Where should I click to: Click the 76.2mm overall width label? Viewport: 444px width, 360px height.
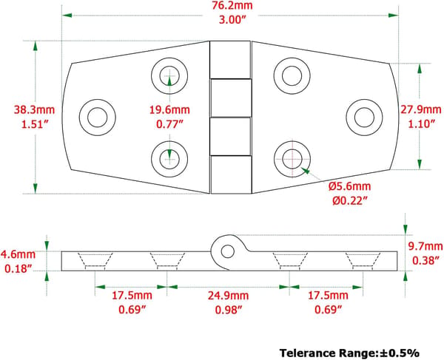click(x=232, y=5)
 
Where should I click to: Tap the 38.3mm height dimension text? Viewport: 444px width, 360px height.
click(x=34, y=109)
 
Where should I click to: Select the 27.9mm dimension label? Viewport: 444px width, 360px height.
click(x=421, y=109)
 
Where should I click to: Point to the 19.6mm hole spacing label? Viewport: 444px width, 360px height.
click(x=169, y=109)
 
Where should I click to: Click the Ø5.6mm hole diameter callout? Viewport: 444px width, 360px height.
click(x=350, y=186)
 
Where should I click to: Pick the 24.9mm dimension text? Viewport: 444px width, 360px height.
click(x=228, y=296)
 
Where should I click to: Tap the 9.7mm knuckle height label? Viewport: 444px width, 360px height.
click(x=425, y=246)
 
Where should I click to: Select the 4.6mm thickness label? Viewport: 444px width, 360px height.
click(x=18, y=254)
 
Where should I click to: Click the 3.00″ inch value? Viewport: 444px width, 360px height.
click(x=232, y=20)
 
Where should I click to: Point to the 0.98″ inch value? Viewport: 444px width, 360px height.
click(x=228, y=310)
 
